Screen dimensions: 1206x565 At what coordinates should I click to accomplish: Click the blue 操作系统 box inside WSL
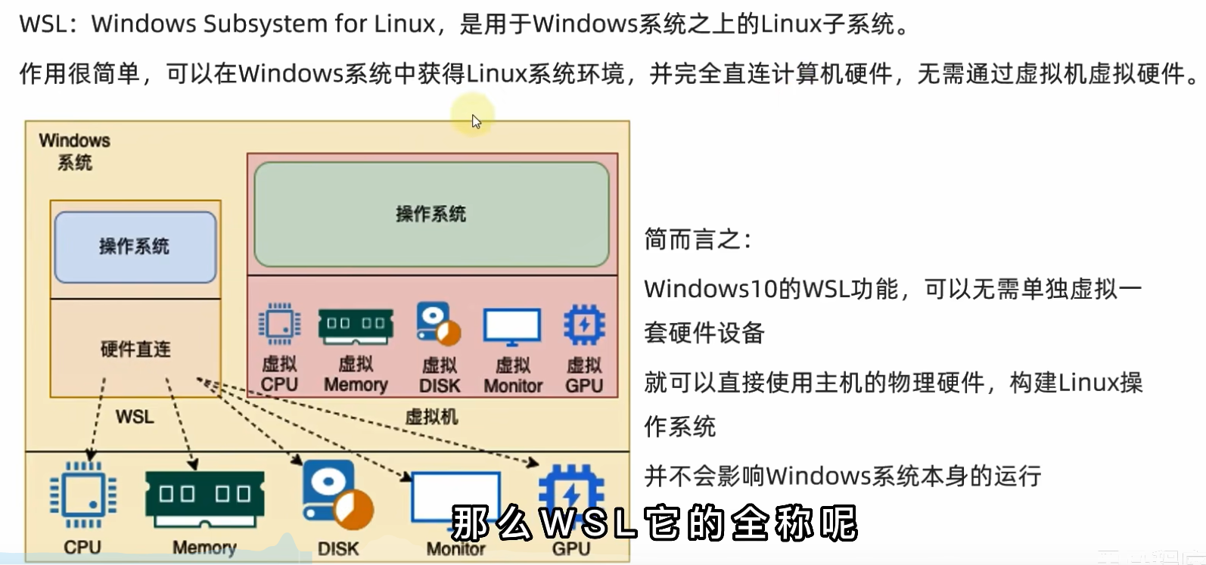pos(135,247)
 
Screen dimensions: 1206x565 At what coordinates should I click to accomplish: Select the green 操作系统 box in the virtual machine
pos(431,214)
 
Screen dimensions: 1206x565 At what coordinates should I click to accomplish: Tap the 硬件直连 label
pos(135,349)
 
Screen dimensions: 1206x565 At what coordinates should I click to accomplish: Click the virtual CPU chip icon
pos(279,324)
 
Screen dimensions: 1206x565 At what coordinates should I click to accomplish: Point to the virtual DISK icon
pos(438,324)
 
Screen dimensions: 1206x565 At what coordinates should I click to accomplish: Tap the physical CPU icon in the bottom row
pos(82,495)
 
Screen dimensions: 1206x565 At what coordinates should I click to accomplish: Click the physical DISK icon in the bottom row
pos(337,495)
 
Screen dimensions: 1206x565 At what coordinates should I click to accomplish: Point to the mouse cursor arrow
pos(476,120)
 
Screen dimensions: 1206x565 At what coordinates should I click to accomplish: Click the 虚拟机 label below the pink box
pos(431,416)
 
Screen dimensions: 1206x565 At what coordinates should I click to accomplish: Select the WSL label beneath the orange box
pos(135,417)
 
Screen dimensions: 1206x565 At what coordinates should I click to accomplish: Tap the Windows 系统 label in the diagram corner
pos(74,151)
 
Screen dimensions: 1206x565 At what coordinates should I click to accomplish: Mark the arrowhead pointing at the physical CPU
pos(91,455)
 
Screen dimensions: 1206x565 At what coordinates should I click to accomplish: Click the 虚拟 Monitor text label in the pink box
pos(513,375)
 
